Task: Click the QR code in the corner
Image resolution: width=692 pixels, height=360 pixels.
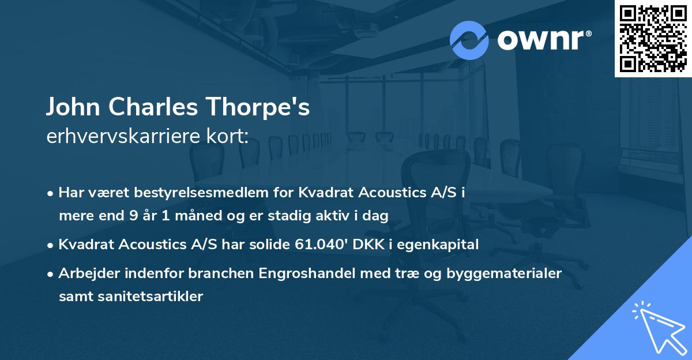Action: [653, 38]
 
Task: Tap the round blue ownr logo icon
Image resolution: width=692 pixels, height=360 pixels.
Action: [469, 40]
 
